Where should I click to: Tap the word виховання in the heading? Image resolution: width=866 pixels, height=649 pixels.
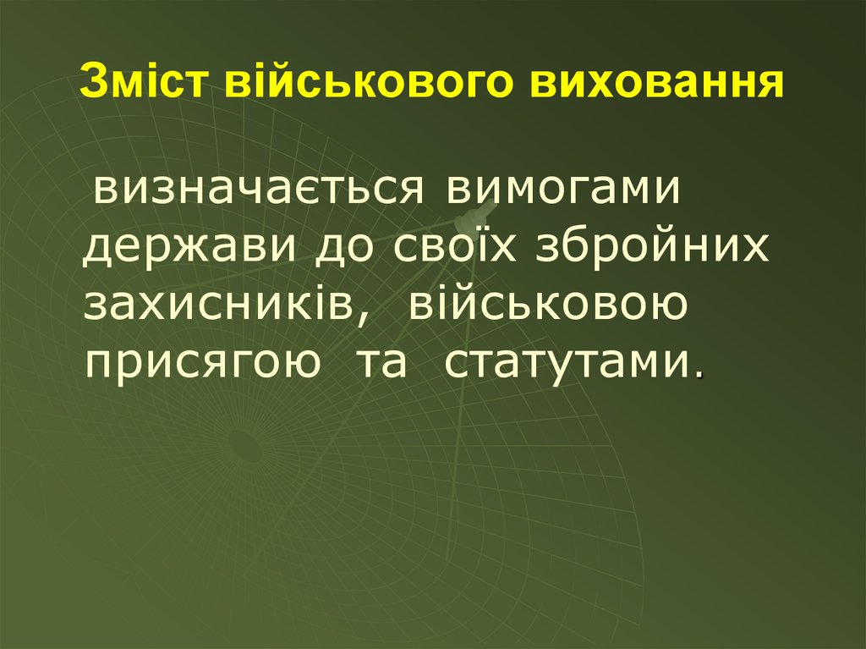coord(660,85)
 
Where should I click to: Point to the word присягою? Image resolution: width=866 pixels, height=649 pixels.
coord(203,365)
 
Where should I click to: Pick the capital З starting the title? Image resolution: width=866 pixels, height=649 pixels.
coord(92,85)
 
